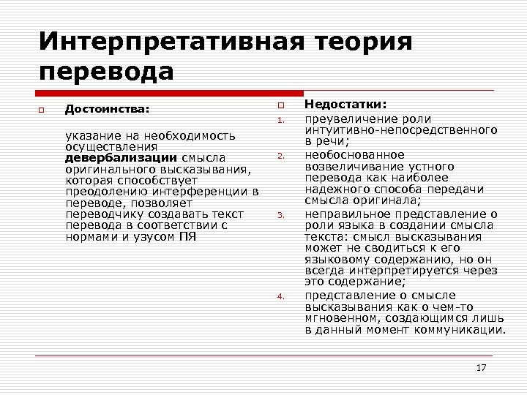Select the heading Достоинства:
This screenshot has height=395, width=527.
(107, 109)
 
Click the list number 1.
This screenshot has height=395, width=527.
(280, 121)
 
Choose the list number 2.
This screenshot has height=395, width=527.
(280, 156)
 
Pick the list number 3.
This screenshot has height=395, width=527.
(280, 215)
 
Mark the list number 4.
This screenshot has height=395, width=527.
(280, 296)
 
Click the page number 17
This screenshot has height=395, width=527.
(481, 367)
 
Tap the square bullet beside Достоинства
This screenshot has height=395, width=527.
(43, 110)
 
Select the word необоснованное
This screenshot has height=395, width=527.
(344, 154)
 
